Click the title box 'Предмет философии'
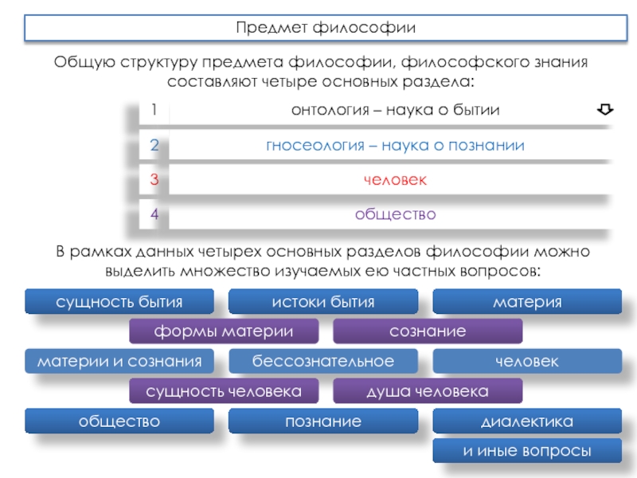[325, 29]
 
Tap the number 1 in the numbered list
[154, 110]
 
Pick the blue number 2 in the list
[154, 145]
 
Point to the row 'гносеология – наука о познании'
[395, 145]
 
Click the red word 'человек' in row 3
[395, 180]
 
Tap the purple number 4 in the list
[154, 214]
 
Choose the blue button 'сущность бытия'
[119, 302]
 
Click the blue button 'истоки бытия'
[323, 302]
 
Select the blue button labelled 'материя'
[527, 302]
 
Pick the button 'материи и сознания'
[119, 361]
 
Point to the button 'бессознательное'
[323, 361]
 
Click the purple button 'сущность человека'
[224, 391]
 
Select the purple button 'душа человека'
[428, 391]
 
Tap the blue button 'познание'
[323, 421]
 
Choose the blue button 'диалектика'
[527, 421]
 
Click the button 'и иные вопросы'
[527, 451]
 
